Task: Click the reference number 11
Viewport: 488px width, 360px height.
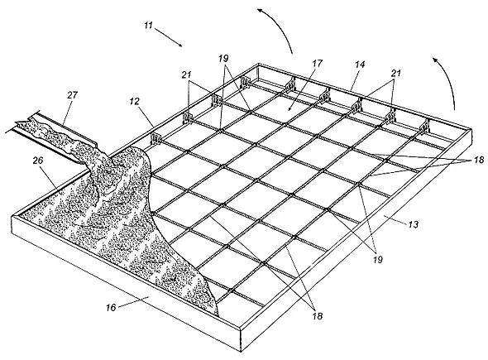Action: click(x=149, y=25)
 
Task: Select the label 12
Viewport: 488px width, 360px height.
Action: click(x=135, y=101)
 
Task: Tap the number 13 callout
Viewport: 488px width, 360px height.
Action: click(x=413, y=224)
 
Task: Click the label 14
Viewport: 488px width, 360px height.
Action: click(x=359, y=65)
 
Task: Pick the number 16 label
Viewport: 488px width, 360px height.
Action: click(x=111, y=308)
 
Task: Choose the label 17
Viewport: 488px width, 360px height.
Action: click(x=317, y=63)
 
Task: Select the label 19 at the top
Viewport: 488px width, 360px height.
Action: click(x=223, y=58)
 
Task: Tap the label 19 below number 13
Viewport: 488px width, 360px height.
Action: click(x=377, y=259)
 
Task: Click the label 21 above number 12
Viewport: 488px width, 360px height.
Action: click(x=187, y=74)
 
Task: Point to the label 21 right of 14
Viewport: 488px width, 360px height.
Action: click(x=396, y=73)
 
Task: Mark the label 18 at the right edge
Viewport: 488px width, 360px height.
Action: click(x=479, y=160)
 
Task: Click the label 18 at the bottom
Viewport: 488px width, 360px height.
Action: click(x=317, y=316)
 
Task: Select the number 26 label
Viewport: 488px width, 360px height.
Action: click(x=38, y=161)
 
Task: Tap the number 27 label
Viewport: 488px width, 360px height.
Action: click(x=72, y=95)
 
